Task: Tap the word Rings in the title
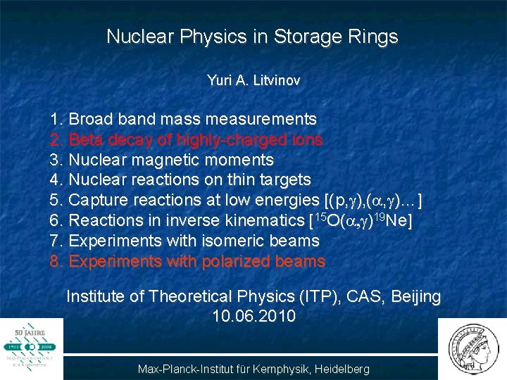coord(373,37)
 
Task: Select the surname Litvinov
coord(277,81)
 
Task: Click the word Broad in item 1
coord(91,119)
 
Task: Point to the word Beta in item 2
coord(87,139)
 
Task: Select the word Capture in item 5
coord(99,201)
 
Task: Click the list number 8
coord(56,262)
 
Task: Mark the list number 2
coord(56,139)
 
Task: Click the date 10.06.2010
coord(254,317)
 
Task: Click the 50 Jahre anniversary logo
coord(31,347)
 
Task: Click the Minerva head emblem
coord(472,348)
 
